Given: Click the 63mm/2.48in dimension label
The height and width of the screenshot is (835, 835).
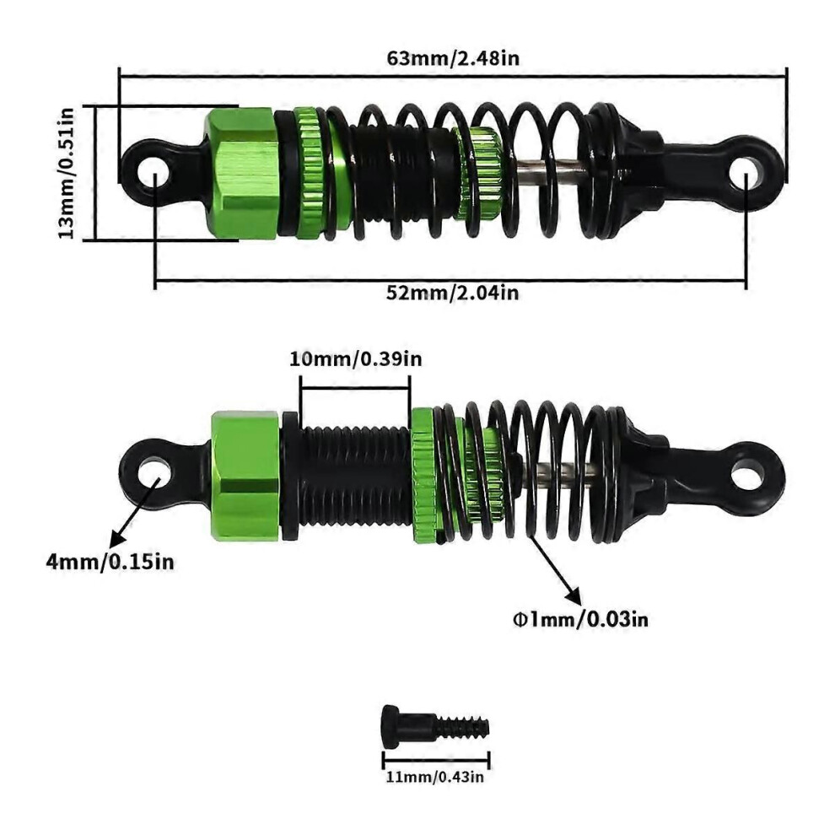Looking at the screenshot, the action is point(453,57).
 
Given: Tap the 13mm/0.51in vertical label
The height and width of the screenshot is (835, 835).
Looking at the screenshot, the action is point(67,173).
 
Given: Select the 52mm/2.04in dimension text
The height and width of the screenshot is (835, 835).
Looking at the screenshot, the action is point(453,293).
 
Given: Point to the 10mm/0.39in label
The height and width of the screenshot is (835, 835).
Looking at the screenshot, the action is point(356,359).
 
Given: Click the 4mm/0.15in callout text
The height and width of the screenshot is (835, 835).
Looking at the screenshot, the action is point(110,562).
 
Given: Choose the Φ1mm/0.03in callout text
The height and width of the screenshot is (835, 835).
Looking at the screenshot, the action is point(580,619).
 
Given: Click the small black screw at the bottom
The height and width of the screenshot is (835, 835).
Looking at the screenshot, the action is point(435,725).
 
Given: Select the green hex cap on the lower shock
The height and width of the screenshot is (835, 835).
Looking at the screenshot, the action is point(245,476).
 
